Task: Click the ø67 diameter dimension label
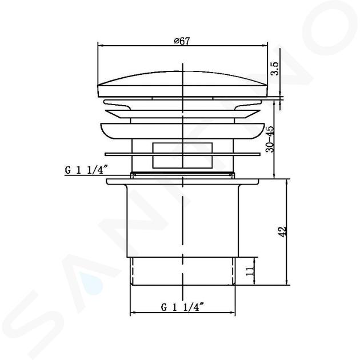coord(182,41)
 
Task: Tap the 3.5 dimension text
coord(275,69)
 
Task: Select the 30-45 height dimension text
coord(270,139)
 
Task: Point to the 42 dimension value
coord(282,231)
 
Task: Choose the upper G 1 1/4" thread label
coord(86,170)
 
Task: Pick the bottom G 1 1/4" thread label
coord(182,307)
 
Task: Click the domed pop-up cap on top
coord(183,84)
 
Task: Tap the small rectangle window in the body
coord(182,155)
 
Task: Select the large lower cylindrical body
coord(183,221)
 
